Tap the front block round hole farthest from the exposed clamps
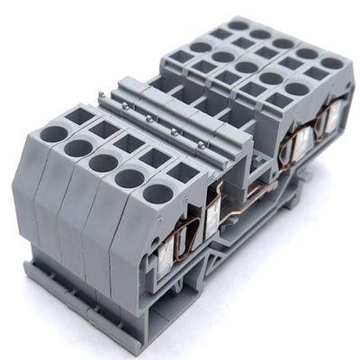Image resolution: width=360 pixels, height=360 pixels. [x=52, y=133]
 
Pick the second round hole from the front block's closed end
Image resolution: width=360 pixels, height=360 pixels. [x=77, y=146]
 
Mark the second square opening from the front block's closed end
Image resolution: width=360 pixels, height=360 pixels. [x=102, y=129]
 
